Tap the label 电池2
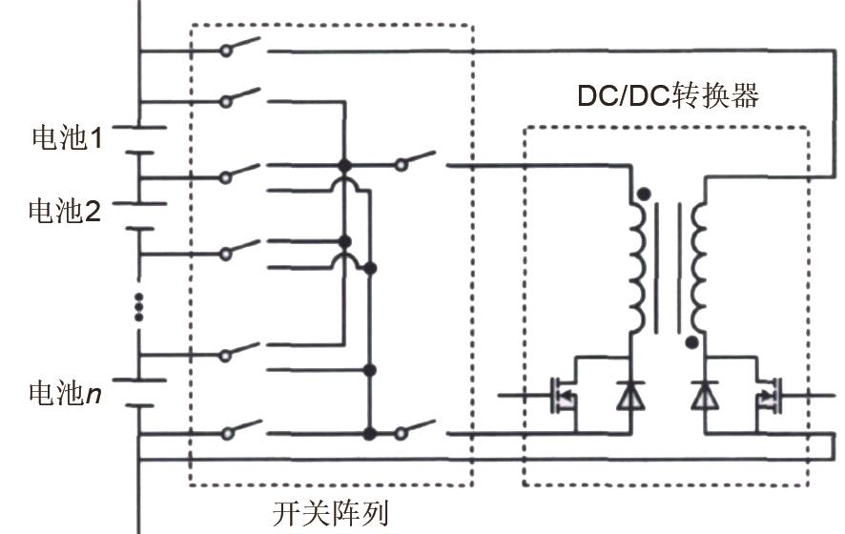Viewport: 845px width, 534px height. pyautogui.click(x=64, y=211)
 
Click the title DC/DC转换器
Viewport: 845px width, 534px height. pyautogui.click(x=668, y=96)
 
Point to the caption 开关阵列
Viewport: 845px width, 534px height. pyautogui.click(x=331, y=513)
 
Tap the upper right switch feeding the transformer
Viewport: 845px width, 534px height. pyautogui.click(x=418, y=160)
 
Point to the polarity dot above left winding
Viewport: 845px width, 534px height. pyautogui.click(x=645, y=195)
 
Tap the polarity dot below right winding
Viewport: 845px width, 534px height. pyautogui.click(x=691, y=341)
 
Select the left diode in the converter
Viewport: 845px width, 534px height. pyautogui.click(x=629, y=395)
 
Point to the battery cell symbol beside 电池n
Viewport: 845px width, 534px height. pyautogui.click(x=140, y=392)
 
